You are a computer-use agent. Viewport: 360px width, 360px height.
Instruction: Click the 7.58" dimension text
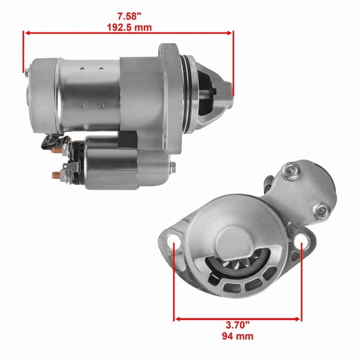[129, 15]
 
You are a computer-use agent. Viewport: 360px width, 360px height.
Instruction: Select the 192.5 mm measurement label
[129, 27]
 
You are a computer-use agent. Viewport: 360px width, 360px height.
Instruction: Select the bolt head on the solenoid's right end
[172, 166]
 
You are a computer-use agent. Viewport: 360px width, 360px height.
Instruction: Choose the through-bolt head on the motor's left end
[27, 72]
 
